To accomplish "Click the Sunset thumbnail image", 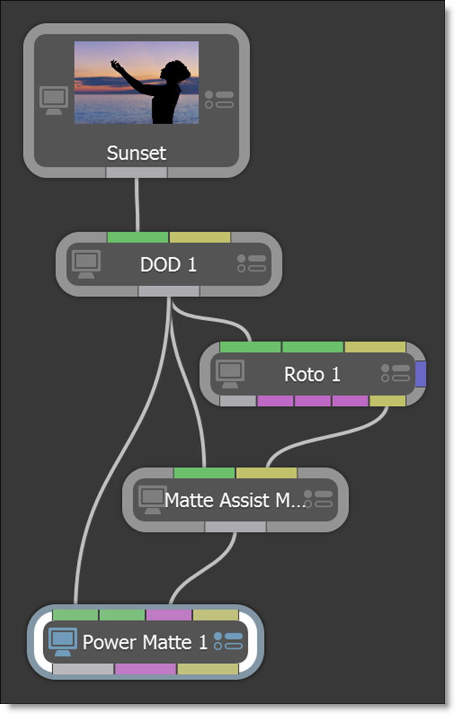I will coord(136,82).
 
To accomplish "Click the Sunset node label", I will coord(136,153).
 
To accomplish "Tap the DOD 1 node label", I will coord(168,265).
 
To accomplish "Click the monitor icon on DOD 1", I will coord(86,264).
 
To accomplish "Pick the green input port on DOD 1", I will coord(138,238).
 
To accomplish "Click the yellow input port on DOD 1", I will coord(200,238).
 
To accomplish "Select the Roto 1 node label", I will coord(312,374).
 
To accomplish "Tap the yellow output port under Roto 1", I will coord(387,401).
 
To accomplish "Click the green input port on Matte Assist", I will coord(204,473).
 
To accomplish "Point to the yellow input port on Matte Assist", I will coord(266,473).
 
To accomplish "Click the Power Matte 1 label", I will coord(145,642).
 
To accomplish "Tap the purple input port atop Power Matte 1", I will coord(169,615).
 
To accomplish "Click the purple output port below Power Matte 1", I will coord(145,669).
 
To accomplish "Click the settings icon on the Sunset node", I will coord(219,100).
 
